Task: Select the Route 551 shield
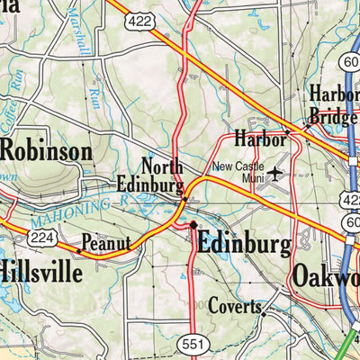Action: coord(190,343)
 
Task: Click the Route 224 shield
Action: coord(40,237)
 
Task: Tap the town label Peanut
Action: coord(106,243)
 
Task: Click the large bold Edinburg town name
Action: coord(243,244)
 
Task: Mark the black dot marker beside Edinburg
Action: coord(192,225)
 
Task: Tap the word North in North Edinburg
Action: coord(162,166)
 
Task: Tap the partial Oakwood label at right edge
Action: coord(324,275)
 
